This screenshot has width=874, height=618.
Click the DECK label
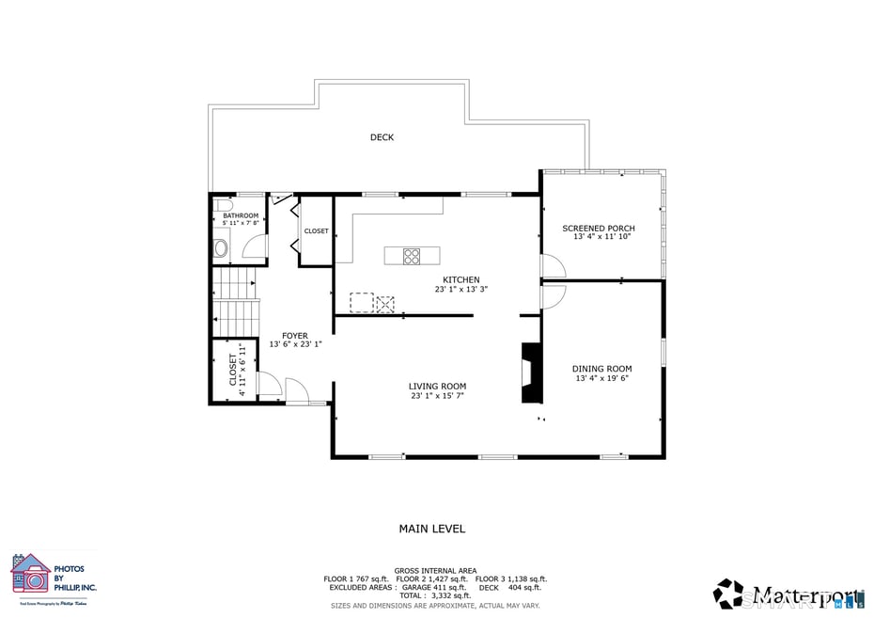click(382, 137)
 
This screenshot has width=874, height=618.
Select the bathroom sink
click(221, 248)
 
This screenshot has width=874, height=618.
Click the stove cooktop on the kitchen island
click(412, 255)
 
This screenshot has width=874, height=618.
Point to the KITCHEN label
click(461, 279)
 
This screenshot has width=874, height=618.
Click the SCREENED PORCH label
click(599, 229)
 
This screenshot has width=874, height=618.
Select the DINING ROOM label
click(602, 369)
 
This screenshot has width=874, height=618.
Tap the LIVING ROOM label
click(437, 386)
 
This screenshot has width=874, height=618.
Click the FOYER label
click(295, 335)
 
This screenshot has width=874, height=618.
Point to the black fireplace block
click(531, 372)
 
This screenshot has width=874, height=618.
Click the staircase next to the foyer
click(235, 301)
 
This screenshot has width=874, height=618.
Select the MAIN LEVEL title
click(432, 529)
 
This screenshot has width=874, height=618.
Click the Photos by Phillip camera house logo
click(30, 574)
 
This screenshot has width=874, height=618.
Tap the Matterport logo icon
click(728, 594)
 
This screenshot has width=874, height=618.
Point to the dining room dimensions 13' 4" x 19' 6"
click(602, 378)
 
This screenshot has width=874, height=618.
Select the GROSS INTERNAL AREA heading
click(435, 570)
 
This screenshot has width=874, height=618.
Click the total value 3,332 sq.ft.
click(451, 595)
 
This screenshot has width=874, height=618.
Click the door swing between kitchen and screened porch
click(553, 267)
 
